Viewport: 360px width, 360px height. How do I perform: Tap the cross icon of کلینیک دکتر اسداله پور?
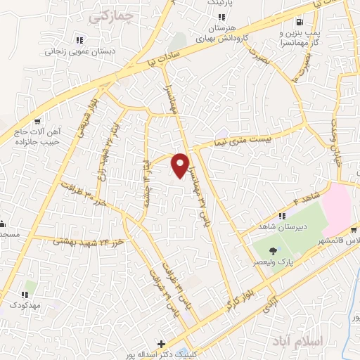tap(163, 345)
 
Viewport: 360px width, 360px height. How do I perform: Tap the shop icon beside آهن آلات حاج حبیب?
tap(46, 120)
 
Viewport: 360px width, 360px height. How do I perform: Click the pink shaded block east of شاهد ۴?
tap(340, 207)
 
